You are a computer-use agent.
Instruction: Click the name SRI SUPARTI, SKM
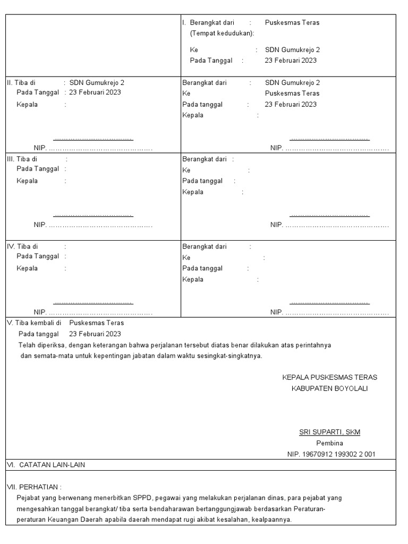(329, 432)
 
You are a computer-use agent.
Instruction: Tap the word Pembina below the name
(329, 443)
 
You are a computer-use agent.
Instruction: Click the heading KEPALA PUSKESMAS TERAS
(329, 377)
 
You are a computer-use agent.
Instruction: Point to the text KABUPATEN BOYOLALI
(329, 388)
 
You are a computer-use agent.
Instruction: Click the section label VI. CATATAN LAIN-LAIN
(46, 465)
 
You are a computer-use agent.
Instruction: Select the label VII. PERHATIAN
(34, 487)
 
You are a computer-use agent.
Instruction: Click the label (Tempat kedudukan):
(222, 33)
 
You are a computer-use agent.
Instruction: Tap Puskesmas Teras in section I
(292, 23)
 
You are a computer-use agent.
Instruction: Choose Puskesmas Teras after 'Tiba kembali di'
(96, 323)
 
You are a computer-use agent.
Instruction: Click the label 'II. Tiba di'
(21, 83)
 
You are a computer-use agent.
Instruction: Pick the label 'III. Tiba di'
(22, 159)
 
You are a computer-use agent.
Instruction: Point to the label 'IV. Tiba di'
(22, 246)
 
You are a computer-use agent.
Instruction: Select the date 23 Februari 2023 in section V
(95, 334)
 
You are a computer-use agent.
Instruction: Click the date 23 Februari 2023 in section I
(291, 61)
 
